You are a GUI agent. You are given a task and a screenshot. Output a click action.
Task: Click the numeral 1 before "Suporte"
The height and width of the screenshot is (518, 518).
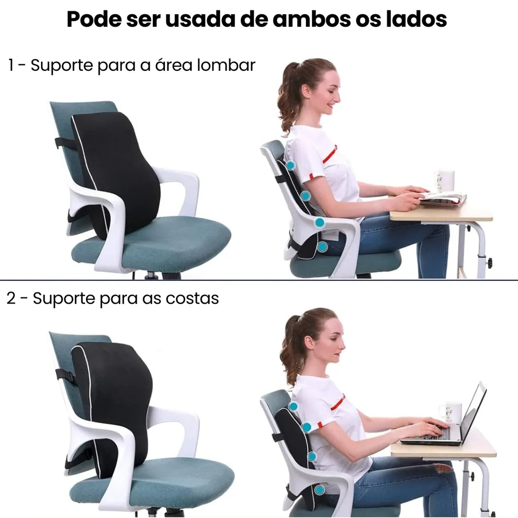click(12, 65)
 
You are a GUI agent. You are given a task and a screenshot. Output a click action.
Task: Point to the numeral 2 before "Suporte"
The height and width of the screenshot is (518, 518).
click(12, 298)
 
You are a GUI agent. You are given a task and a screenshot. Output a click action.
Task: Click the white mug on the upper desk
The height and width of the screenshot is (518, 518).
click(444, 181)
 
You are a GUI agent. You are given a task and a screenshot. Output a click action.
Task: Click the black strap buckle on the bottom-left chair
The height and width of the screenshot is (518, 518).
click(65, 376)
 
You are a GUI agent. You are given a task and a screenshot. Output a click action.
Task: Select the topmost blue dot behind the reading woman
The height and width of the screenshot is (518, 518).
click(290, 165)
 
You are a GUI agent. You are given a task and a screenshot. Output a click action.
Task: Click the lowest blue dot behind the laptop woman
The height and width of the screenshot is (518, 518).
click(319, 490)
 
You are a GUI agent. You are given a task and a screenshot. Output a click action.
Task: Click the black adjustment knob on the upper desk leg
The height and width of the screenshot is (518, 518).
click(489, 263)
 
